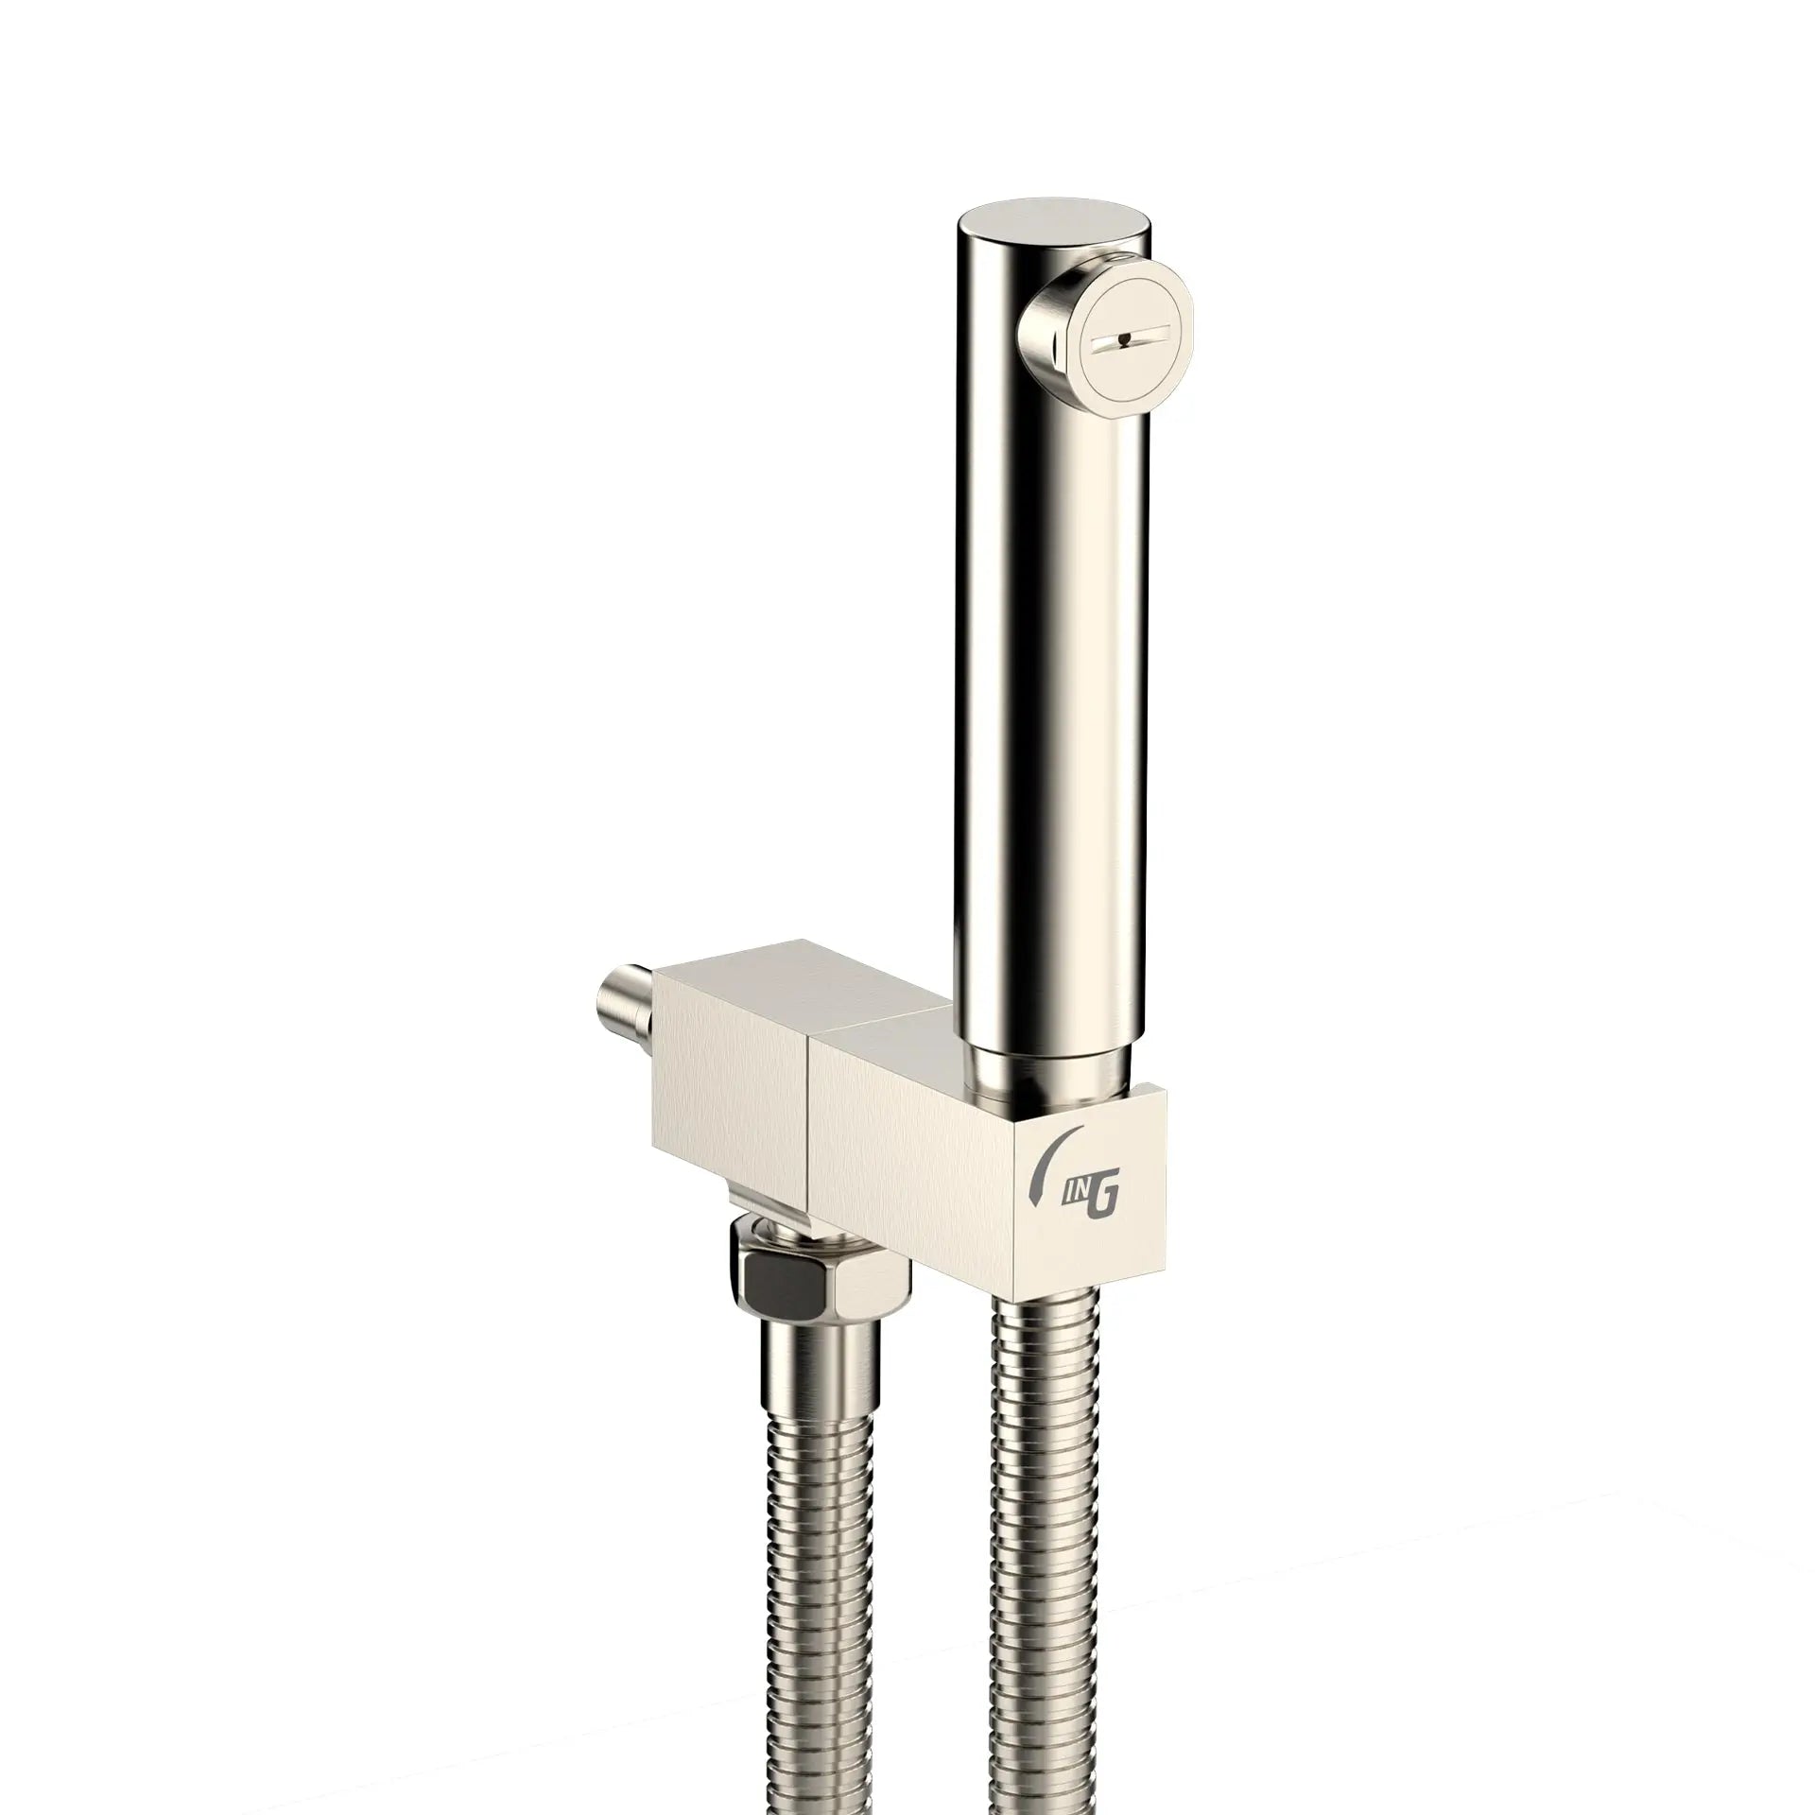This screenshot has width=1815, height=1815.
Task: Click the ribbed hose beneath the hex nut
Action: tap(821, 1607)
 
